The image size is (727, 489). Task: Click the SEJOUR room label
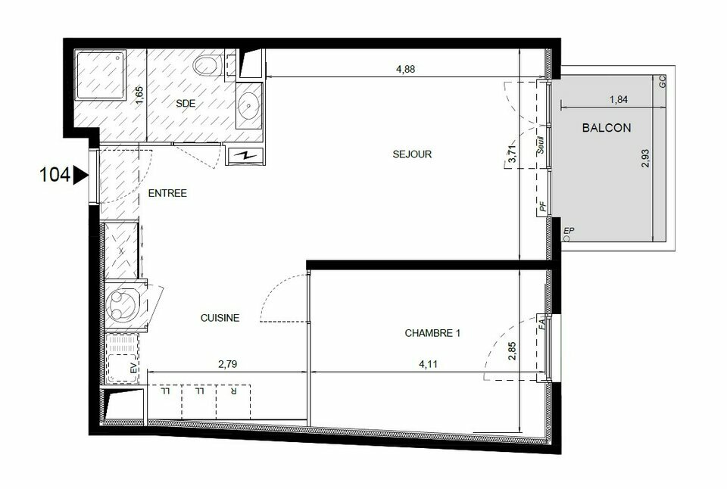[412, 154]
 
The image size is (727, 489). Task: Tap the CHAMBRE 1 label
[432, 333]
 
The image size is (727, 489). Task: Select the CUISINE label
[220, 318]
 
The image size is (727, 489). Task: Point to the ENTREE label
[167, 193]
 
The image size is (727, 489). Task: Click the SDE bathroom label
[186, 104]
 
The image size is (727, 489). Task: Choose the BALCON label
[607, 128]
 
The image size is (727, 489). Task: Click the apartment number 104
[55, 175]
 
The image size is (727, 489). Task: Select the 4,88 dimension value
[405, 69]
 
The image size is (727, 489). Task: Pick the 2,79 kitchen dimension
[227, 364]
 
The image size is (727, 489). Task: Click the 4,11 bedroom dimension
[428, 364]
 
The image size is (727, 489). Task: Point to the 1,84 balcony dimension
[619, 99]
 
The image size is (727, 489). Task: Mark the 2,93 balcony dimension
[645, 158]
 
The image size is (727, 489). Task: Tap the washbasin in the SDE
[250, 106]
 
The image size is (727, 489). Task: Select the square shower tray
[101, 76]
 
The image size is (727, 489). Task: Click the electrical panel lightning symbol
[245, 156]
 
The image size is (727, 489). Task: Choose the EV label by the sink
[133, 369]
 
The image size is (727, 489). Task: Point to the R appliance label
[233, 391]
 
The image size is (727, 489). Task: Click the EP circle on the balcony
[566, 238]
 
